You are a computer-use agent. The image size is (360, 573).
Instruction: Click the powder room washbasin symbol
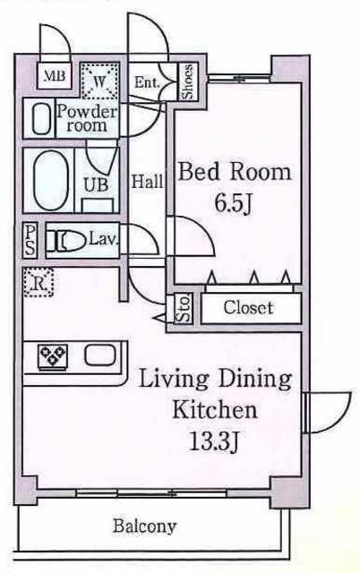pos(41,120)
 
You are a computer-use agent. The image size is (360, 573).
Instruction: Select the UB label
pos(95,186)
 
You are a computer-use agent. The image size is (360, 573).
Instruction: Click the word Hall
pos(148,182)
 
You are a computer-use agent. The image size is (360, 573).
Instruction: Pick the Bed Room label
pos(236,172)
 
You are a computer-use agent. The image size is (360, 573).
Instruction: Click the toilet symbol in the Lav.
pos(67,240)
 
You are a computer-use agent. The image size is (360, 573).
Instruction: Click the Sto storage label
pos(184,310)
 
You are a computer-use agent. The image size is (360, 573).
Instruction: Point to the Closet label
pos(248,309)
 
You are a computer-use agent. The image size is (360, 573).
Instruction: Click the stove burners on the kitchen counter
pos(55,356)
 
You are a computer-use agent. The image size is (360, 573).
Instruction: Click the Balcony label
pos(143,526)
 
